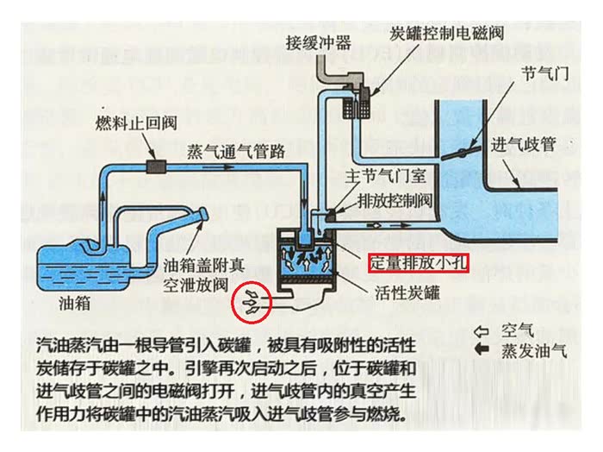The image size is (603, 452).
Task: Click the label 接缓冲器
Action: coord(320,42)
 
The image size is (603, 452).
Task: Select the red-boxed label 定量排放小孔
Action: coord(419,262)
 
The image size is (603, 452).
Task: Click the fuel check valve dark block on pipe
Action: coord(157,166)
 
